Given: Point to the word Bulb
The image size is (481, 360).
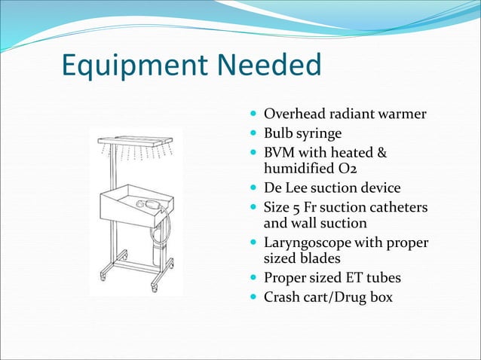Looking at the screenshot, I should point(277,135).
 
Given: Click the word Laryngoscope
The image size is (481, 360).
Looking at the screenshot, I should point(310,243).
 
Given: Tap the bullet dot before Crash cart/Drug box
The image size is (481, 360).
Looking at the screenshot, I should point(254,297).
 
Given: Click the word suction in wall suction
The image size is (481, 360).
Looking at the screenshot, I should point(346,223).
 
